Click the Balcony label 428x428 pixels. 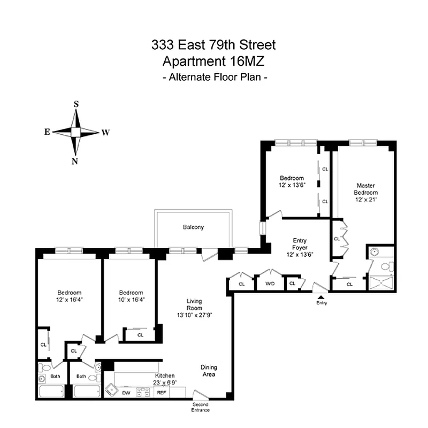(193, 227)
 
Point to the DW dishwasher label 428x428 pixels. (126, 393)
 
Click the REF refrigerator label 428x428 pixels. (160, 393)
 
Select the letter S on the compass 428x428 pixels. (76, 104)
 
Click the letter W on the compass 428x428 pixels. (106, 133)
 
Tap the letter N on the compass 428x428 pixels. (75, 162)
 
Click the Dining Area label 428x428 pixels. (209, 371)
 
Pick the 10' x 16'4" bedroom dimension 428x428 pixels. (131, 300)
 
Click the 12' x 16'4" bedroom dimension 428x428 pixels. (70, 300)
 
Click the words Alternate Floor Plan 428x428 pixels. (214, 77)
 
